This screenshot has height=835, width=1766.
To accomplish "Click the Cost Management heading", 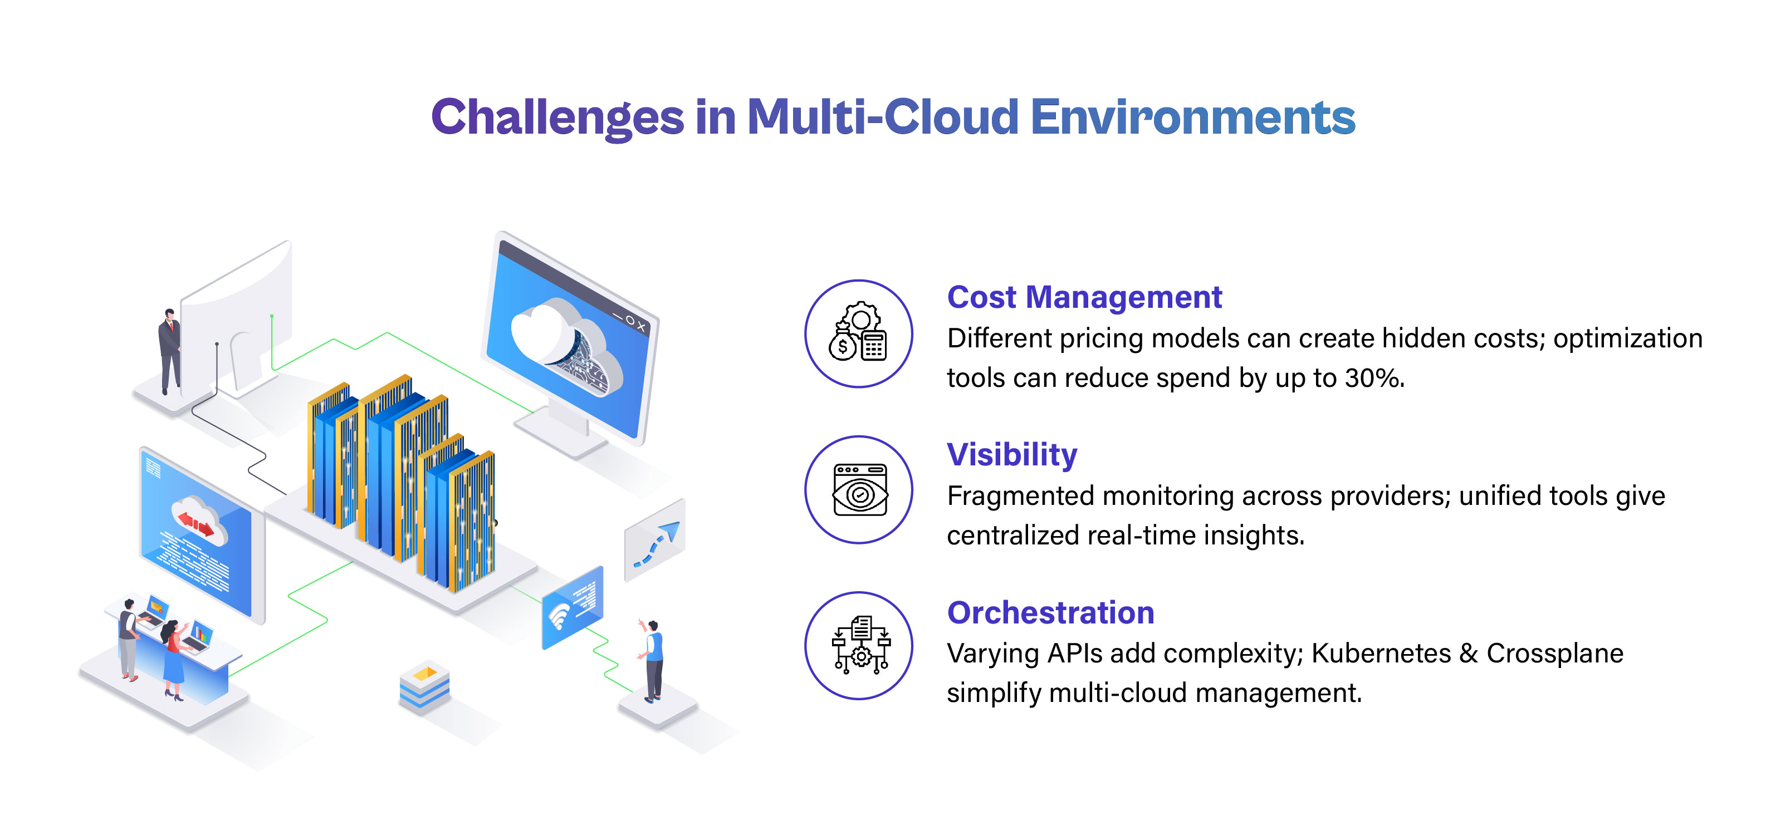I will coord(1084,297).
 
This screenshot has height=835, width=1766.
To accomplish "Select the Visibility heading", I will coord(1011,455).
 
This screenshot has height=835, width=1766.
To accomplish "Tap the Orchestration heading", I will coord(1050,612).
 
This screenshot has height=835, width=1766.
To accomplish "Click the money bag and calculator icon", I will coord(858,333).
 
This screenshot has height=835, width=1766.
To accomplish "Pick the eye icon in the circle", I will coord(859,490).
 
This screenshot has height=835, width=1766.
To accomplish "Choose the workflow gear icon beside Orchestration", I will coord(859,646).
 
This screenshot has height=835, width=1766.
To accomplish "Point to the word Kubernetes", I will coord(1381,654).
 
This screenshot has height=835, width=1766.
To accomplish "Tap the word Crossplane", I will coord(1554,654).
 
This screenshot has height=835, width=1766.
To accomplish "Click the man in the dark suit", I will coord(169,350).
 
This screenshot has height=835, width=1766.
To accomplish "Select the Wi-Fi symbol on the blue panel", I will coord(559,615).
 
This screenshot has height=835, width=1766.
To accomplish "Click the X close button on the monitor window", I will coord(641,327).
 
